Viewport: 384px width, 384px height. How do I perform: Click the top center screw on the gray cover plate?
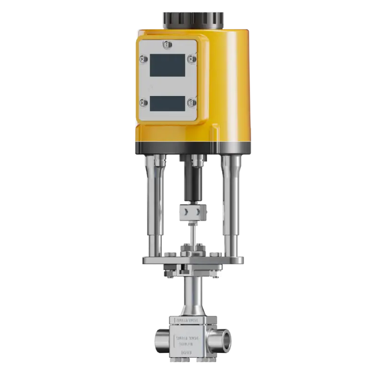[x=167, y=45]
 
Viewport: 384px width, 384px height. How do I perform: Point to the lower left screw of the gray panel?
[x=143, y=102]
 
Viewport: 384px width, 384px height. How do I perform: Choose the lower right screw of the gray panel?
[x=191, y=102]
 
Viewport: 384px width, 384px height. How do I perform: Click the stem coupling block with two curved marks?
[x=191, y=212]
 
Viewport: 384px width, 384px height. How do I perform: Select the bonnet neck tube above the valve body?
[x=192, y=295]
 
